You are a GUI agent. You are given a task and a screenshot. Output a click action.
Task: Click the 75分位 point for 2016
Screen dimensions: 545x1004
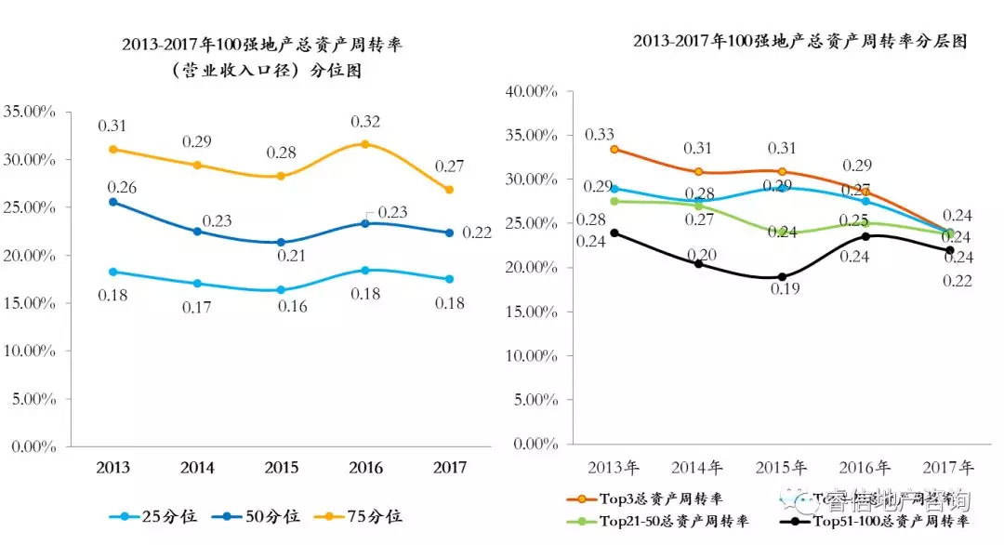pyautogui.click(x=364, y=144)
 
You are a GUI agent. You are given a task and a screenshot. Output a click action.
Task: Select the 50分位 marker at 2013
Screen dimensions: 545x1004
pyautogui.click(x=113, y=202)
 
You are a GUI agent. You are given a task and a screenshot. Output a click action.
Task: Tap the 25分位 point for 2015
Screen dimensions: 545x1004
pyautogui.click(x=281, y=290)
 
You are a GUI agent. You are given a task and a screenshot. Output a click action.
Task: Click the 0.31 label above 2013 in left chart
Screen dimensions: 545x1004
pyautogui.click(x=112, y=126)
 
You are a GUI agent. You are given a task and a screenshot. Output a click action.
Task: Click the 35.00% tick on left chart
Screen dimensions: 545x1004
pyautogui.click(x=30, y=111)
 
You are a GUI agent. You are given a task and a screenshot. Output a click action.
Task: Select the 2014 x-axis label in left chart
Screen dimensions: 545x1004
pyautogui.click(x=197, y=467)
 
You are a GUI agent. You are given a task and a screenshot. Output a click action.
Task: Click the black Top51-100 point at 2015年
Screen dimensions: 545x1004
pyautogui.click(x=782, y=277)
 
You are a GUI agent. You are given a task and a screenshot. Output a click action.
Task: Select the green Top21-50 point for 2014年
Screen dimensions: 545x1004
pyautogui.click(x=698, y=206)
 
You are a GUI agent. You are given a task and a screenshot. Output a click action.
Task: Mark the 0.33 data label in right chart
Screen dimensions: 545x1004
pyautogui.click(x=599, y=135)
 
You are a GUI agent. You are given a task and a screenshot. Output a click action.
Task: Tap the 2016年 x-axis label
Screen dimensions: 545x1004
pyautogui.click(x=865, y=467)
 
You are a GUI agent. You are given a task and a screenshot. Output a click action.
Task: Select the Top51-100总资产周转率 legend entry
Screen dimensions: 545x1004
pyautogui.click(x=890, y=522)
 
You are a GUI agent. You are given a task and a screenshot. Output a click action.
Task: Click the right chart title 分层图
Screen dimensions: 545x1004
pyautogui.click(x=800, y=42)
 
